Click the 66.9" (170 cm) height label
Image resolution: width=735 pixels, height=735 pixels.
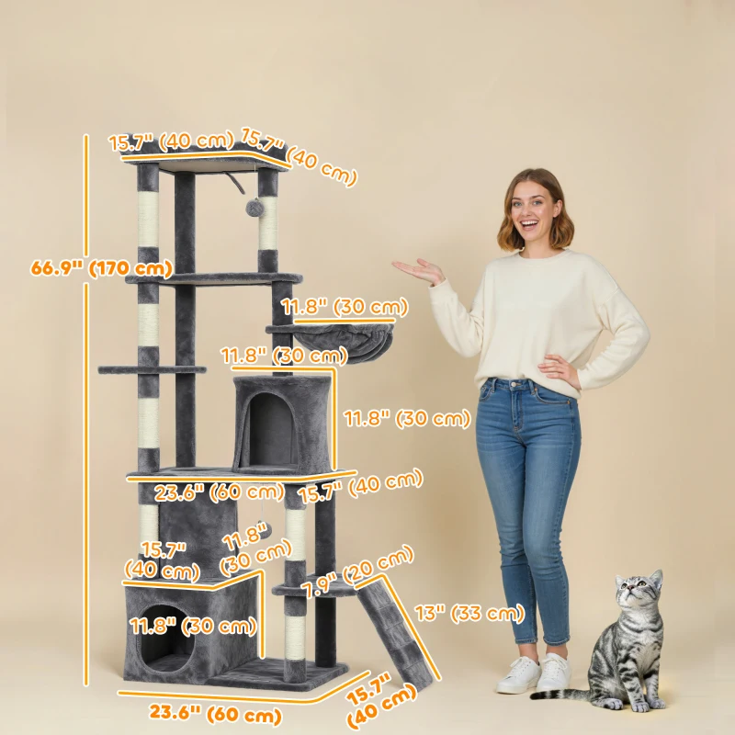(101, 268)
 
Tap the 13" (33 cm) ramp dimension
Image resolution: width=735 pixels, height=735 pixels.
(469, 613)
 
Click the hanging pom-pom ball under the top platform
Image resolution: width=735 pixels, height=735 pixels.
(254, 209)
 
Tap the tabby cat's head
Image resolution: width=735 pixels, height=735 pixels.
(639, 598)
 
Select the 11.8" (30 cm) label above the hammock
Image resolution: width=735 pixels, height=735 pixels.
(345, 307)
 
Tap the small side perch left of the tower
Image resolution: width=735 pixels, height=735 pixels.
(153, 370)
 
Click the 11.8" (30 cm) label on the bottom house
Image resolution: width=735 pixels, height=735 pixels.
(192, 627)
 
